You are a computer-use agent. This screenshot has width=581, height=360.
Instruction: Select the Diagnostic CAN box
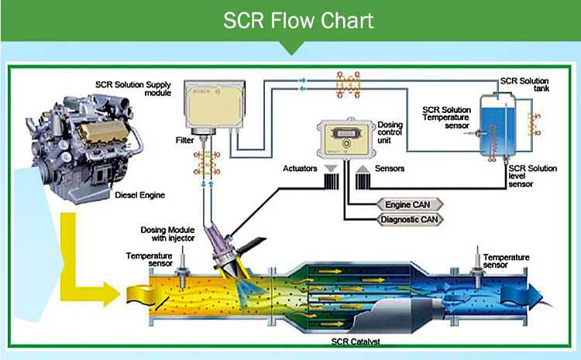[x=407, y=219]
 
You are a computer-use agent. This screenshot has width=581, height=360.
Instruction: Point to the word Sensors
[x=388, y=167]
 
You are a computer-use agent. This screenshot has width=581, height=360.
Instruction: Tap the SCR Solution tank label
[x=524, y=83]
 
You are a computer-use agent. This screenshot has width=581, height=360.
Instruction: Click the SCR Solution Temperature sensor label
[x=447, y=119]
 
